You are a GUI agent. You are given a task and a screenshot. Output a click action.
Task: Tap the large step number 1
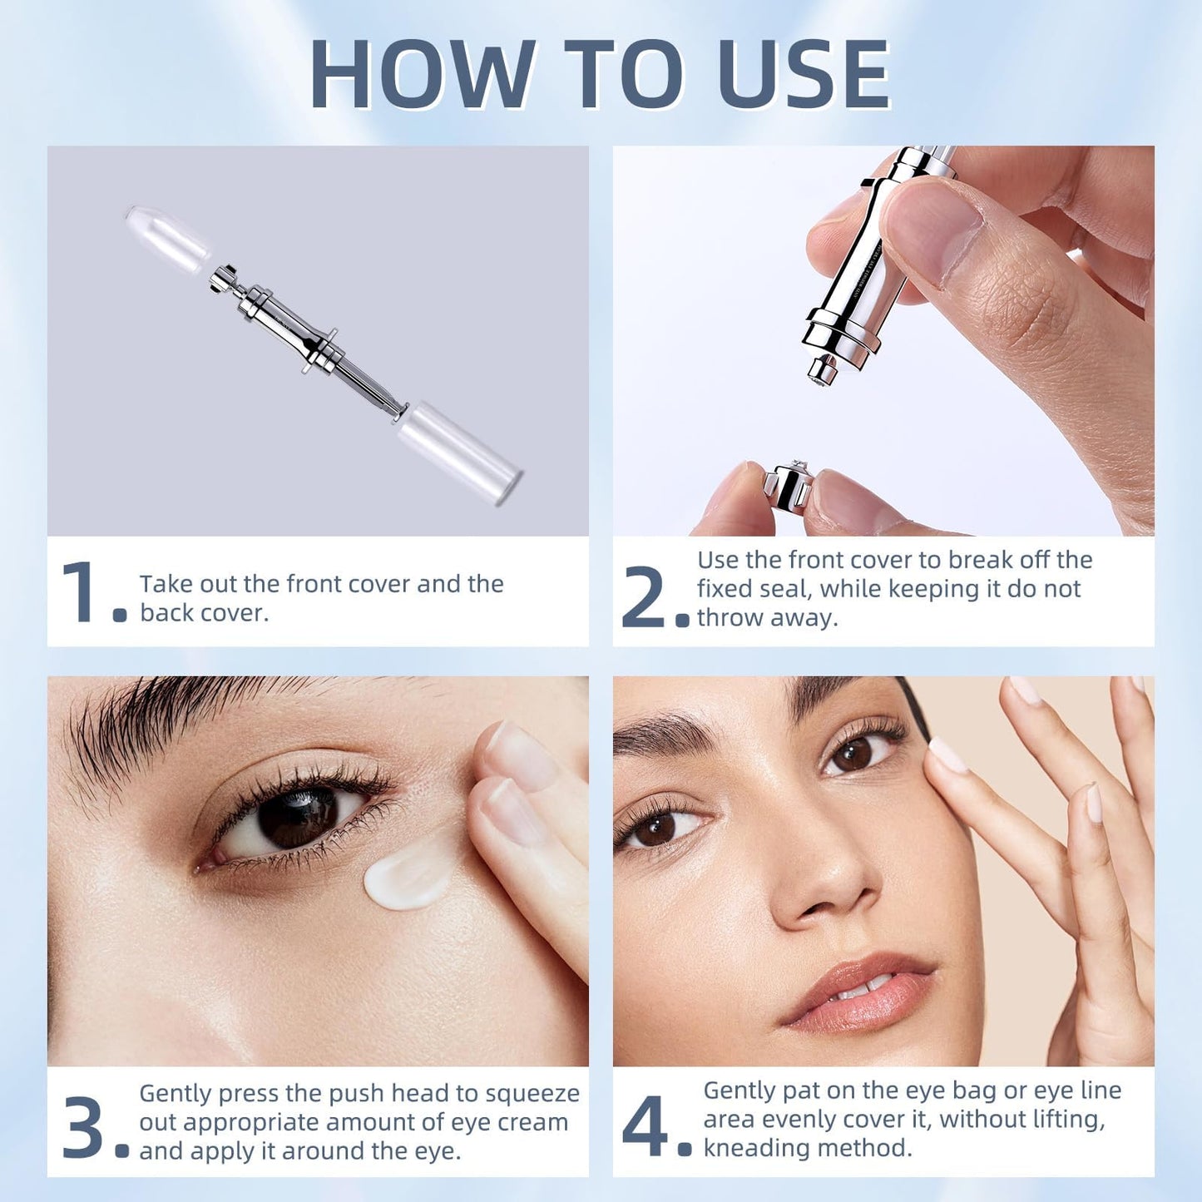tap(81, 592)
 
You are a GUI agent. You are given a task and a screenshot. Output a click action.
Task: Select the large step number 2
tap(643, 596)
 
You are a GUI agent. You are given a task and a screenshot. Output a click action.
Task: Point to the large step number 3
tap(83, 1129)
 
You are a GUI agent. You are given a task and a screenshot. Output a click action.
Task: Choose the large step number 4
tap(645, 1126)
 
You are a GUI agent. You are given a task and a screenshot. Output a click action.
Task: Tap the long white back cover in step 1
tap(460, 452)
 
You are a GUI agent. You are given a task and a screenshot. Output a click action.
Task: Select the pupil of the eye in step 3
tap(298, 818)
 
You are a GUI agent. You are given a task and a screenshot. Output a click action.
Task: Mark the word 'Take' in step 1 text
tap(165, 584)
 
